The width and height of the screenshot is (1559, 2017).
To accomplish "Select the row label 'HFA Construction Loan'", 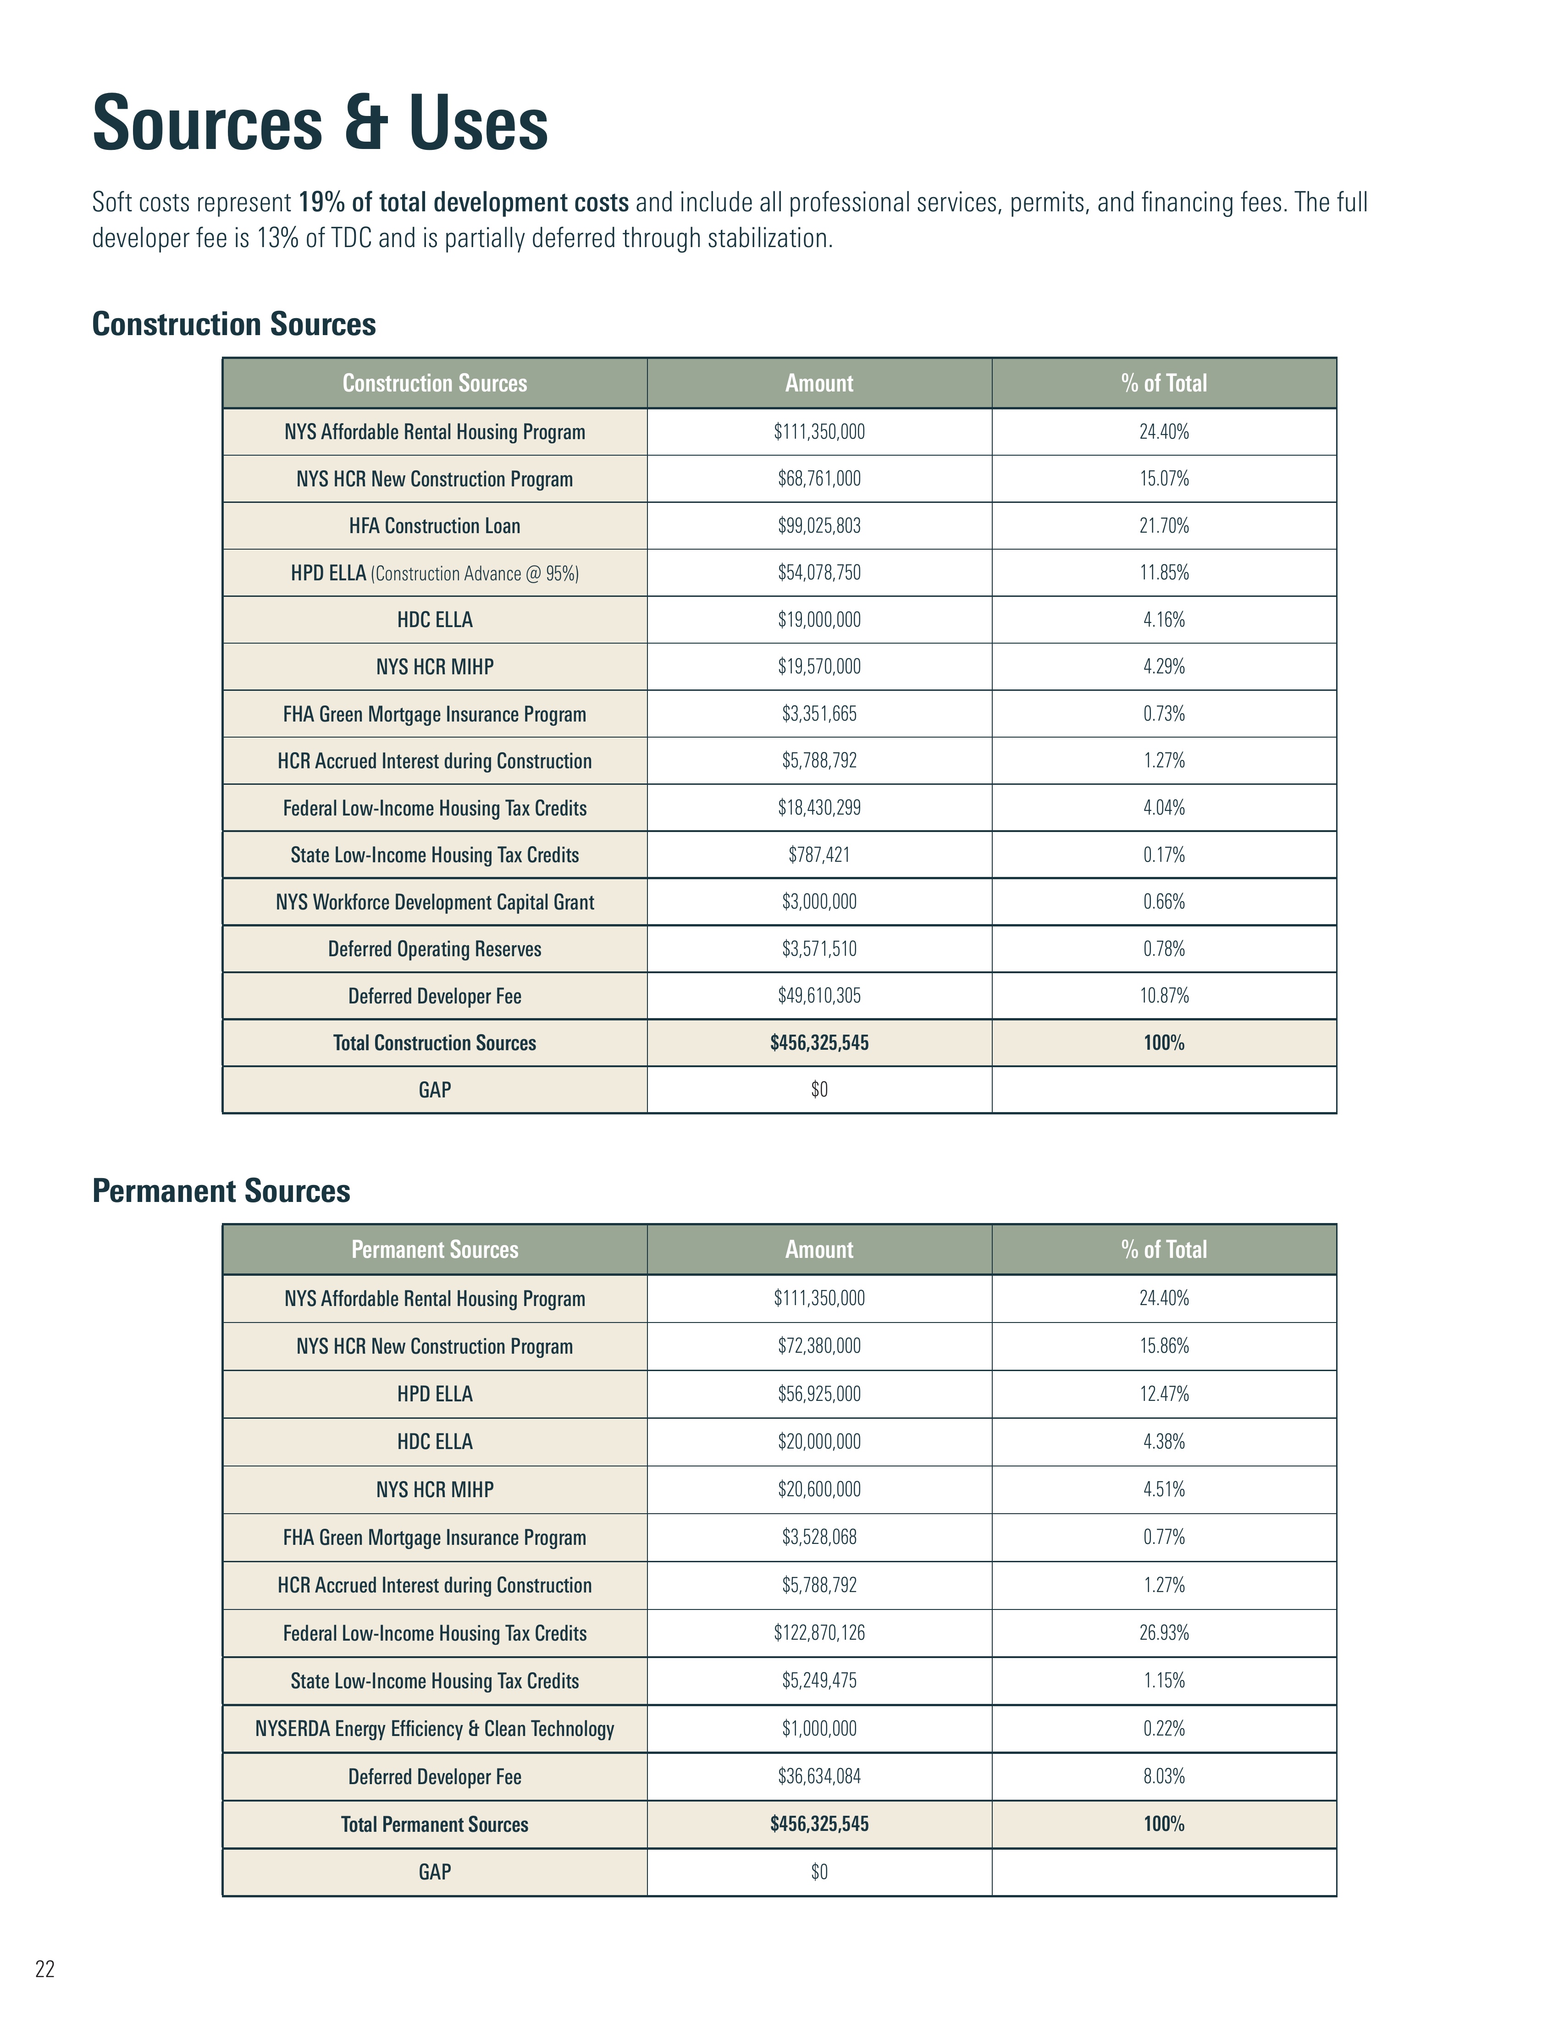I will coord(434,525).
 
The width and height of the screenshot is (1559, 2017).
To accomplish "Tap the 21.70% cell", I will coord(1164,525).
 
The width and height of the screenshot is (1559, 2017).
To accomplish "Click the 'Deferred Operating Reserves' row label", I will coord(434,948).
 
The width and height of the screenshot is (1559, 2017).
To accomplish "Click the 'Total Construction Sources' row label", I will coord(434,1043).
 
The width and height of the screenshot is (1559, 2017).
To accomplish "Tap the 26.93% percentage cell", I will coord(1164,1633).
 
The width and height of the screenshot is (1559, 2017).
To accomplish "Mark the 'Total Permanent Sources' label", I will coord(434,1824).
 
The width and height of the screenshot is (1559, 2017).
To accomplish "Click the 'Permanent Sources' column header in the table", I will coord(434,1250).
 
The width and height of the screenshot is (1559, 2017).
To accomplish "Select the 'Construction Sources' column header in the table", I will coord(434,383).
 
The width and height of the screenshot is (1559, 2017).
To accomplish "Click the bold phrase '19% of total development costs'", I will coord(464,202).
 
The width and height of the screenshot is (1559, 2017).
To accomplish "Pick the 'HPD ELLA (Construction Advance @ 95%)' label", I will coord(434,573).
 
